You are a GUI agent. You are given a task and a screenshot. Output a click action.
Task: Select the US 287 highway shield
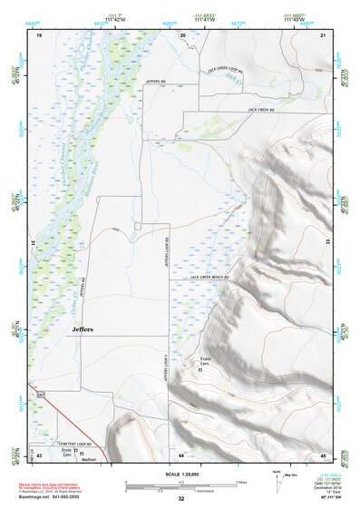(41, 396)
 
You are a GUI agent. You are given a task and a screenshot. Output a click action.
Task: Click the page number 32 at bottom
(180, 498)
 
